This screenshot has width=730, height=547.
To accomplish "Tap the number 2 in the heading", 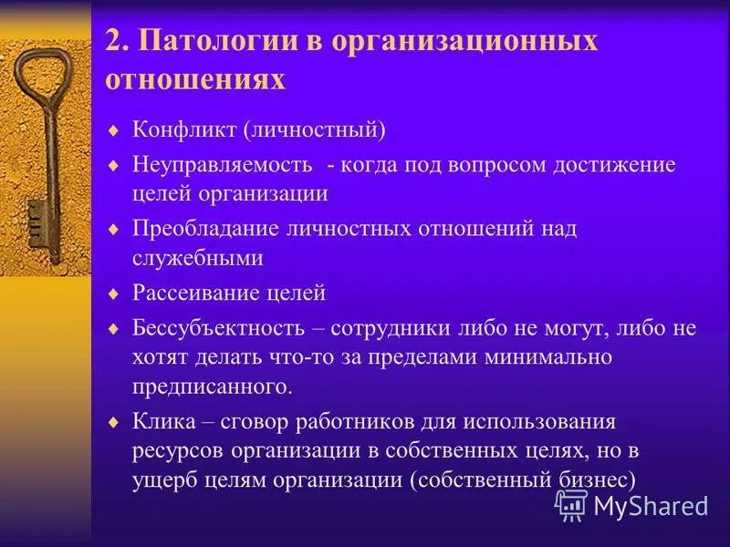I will [x=113, y=43].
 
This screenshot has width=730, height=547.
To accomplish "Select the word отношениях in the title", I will [x=195, y=80].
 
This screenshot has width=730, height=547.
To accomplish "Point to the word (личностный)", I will [x=314, y=130].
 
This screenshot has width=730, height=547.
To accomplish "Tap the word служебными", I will [x=198, y=259].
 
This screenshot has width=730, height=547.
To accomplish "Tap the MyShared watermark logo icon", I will [x=571, y=504].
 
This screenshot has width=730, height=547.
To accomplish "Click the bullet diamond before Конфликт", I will [x=113, y=131].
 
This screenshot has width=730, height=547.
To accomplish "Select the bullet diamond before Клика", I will [x=113, y=423].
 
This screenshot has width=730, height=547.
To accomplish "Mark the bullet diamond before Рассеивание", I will [x=113, y=294].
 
